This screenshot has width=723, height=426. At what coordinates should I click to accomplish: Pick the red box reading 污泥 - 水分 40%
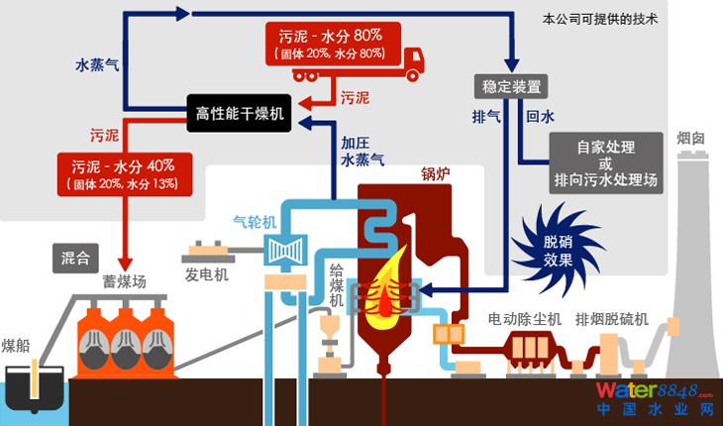(x=124, y=172)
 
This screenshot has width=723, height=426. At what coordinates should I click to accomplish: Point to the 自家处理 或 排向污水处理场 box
(x=605, y=163)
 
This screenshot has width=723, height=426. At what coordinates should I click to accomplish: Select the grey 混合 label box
(x=75, y=260)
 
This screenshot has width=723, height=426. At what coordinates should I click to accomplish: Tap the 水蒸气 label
(x=97, y=65)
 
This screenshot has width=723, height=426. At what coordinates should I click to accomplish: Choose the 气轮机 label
(x=255, y=221)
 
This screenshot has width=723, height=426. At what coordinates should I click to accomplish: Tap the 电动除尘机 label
(x=525, y=319)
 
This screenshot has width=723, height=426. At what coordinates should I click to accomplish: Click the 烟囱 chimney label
(x=690, y=138)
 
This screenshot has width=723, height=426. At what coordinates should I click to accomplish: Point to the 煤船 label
(x=17, y=345)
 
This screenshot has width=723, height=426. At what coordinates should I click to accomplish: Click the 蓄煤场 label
(x=124, y=281)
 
